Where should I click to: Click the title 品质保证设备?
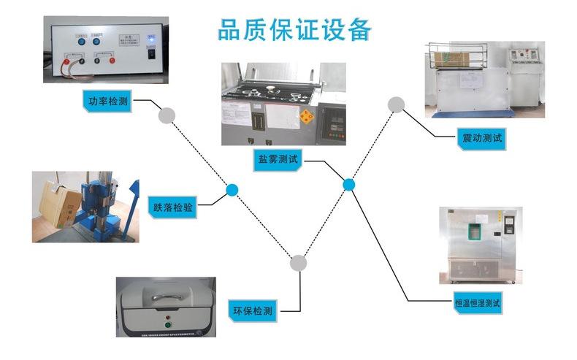tap(295, 31)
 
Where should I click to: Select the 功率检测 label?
tap(104, 102)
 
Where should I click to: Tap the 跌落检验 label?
tap(173, 207)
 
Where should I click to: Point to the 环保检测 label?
tap(252, 310)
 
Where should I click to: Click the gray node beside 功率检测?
tap(167, 115)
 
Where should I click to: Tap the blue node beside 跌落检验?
tap(232, 190)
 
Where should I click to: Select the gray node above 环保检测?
tap(298, 263)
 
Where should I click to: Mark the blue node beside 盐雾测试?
tap(348, 185)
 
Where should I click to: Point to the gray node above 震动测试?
tap(396, 104)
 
